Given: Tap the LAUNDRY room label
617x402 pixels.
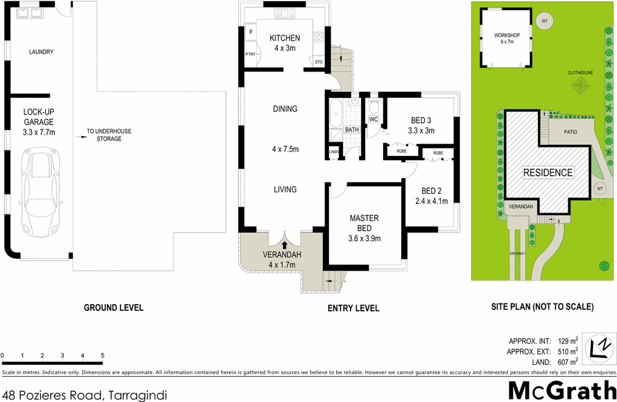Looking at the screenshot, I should click(x=41, y=52).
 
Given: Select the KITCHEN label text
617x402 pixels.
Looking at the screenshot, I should click(x=284, y=38).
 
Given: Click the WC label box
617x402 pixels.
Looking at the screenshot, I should click(x=373, y=119).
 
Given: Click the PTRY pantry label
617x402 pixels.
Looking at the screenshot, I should click(x=251, y=55).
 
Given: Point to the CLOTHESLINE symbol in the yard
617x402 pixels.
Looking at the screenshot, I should click(x=581, y=89).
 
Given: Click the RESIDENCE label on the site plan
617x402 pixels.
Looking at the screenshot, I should click(x=549, y=173).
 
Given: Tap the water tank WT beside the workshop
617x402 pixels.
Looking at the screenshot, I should click(x=544, y=22).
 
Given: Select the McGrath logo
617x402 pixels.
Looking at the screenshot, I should click(x=562, y=390).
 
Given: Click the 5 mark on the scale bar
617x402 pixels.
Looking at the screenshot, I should click(x=102, y=356).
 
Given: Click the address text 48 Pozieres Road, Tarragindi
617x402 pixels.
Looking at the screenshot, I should click(x=85, y=394).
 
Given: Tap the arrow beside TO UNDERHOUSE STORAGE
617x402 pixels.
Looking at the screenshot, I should click(x=81, y=131).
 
